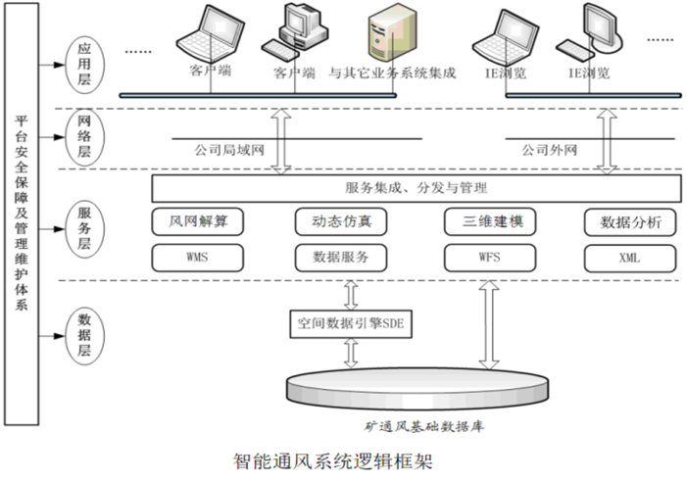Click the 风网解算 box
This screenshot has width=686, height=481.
pyautogui.click(x=200, y=221)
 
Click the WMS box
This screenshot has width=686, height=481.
pyautogui.click(x=200, y=258)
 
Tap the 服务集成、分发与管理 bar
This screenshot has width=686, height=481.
pyautogui.click(x=416, y=187)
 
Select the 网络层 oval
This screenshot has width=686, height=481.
pyautogui.click(x=85, y=137)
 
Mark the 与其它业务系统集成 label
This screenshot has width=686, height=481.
pyautogui.click(x=392, y=73)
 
